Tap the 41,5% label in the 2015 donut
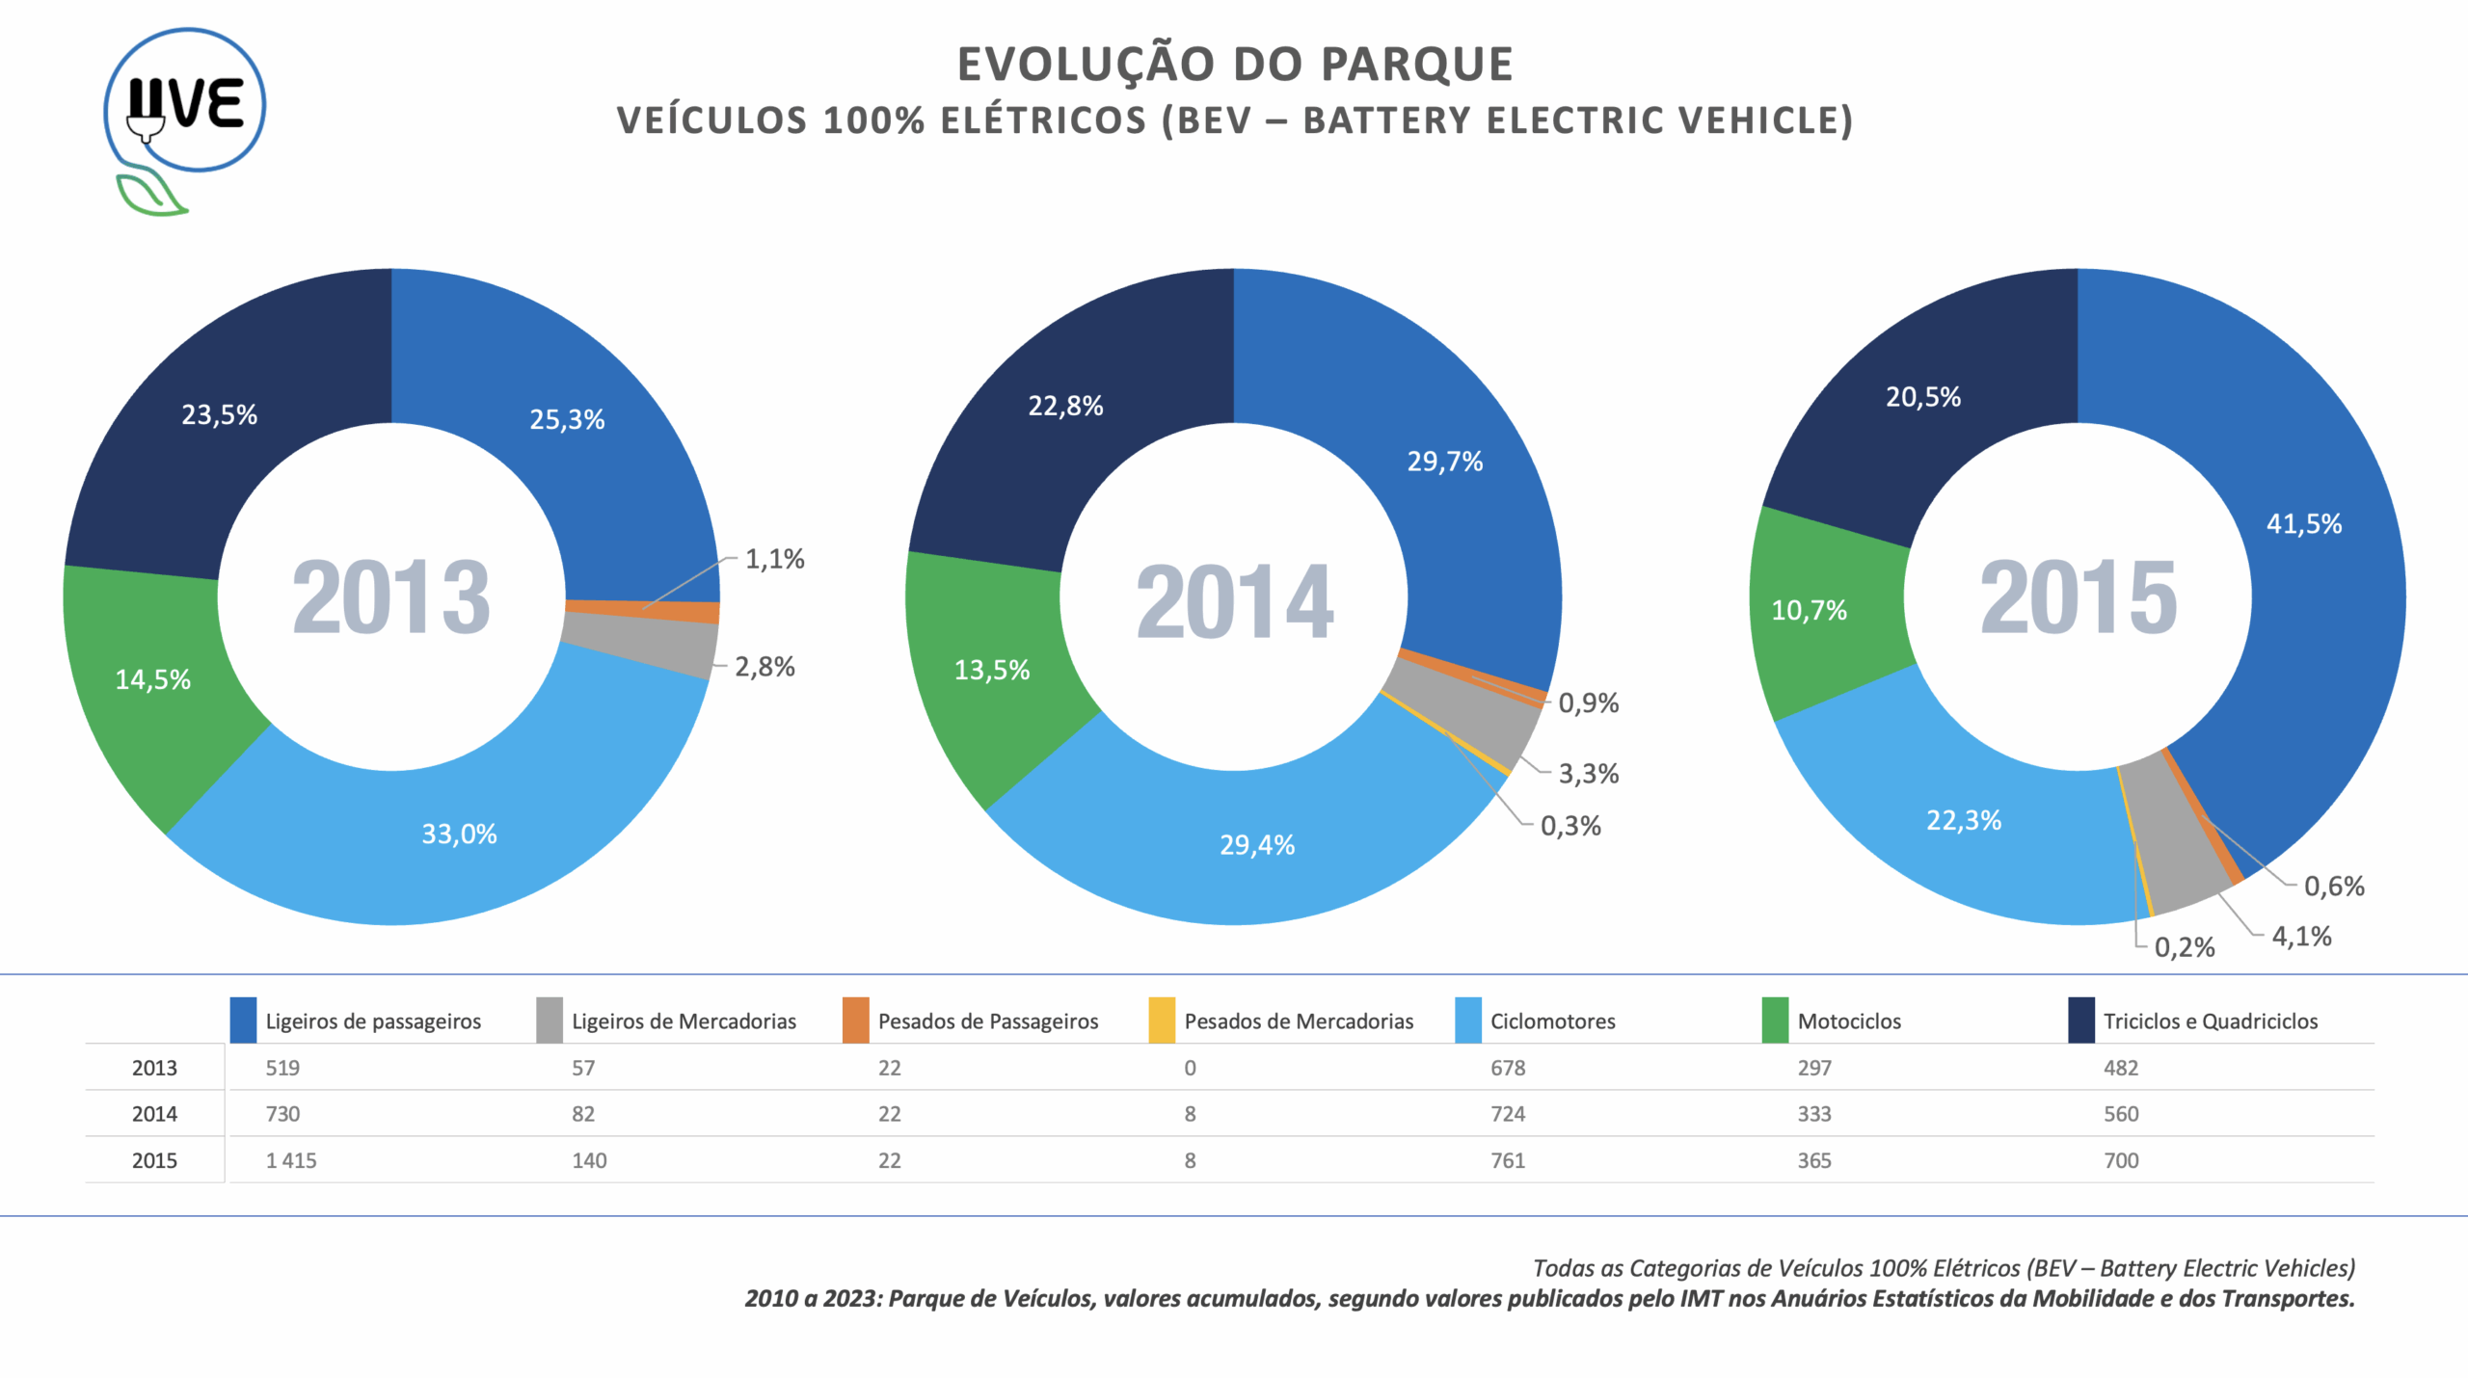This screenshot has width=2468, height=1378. pyautogui.click(x=2303, y=524)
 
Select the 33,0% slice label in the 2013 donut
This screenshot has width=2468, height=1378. pyautogui.click(x=459, y=835)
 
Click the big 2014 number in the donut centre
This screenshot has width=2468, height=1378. pyautogui.click(x=1234, y=602)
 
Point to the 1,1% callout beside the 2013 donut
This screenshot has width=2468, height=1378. pyautogui.click(x=774, y=559)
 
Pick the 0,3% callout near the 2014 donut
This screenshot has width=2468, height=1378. pyautogui.click(x=1570, y=826)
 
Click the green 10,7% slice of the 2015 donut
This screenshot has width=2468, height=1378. pyautogui.click(x=1809, y=611)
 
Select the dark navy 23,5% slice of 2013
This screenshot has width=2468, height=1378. pyautogui.click(x=220, y=415)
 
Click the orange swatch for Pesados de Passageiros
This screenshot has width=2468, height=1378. pyautogui.click(x=855, y=1020)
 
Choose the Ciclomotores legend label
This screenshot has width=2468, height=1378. pyautogui.click(x=1552, y=1021)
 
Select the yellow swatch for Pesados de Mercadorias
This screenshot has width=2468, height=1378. pyautogui.click(x=1162, y=1020)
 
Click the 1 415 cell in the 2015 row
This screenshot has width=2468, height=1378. pyautogui.click(x=291, y=1160)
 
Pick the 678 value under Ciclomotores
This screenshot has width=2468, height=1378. pyautogui.click(x=1508, y=1068)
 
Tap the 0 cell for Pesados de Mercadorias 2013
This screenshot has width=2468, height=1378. pyautogui.click(x=1190, y=1068)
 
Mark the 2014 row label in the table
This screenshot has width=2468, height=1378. pyautogui.click(x=154, y=1114)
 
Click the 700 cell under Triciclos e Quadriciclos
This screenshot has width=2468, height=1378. pyautogui.click(x=2121, y=1160)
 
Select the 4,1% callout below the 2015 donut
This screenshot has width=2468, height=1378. pyautogui.click(x=2301, y=937)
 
